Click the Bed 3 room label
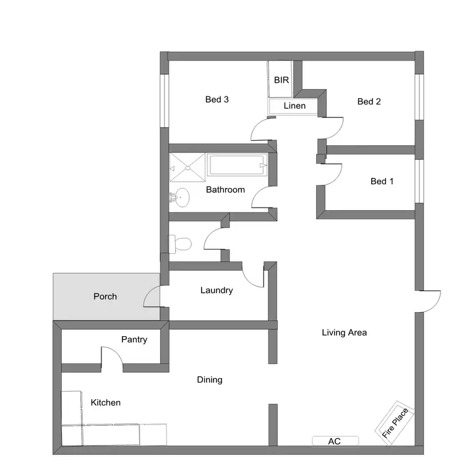(217, 99)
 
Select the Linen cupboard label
(294, 106)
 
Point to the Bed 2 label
(369, 102)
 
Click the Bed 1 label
(382, 182)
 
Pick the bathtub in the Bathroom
(238, 166)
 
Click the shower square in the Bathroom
(187, 166)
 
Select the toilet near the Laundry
(181, 244)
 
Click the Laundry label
(217, 290)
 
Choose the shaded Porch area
(106, 297)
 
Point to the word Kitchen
(106, 403)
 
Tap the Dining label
(210, 380)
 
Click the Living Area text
(345, 333)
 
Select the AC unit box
(335, 441)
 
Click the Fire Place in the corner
(394, 423)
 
